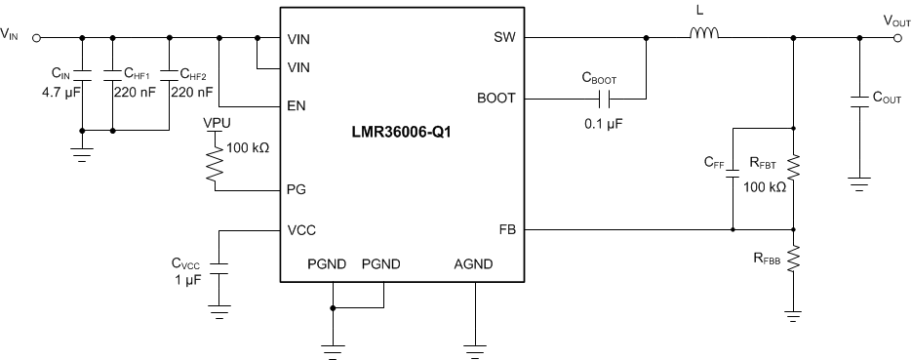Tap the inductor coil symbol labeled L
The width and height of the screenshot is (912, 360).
(x=704, y=38)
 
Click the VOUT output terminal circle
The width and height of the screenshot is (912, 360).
(x=897, y=38)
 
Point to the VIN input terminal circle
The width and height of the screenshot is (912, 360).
(x=36, y=38)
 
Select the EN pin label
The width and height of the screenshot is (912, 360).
(x=298, y=104)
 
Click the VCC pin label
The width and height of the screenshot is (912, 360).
(x=302, y=230)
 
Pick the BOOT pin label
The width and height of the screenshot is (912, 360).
(x=497, y=99)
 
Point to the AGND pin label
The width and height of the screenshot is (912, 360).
(x=474, y=264)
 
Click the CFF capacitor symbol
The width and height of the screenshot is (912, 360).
(x=733, y=180)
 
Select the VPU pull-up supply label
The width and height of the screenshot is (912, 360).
(x=216, y=124)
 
